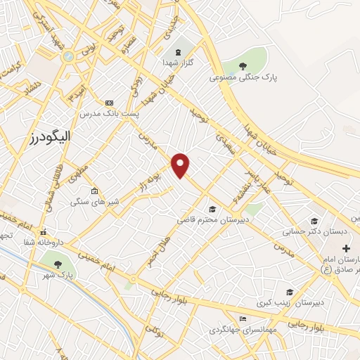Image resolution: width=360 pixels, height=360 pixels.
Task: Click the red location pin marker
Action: [x=181, y=165]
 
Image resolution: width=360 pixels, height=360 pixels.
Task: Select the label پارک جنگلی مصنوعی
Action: [x=243, y=78]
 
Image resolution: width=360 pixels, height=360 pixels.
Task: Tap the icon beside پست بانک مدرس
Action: [x=108, y=103]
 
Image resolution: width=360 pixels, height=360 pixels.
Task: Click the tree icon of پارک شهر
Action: [x=58, y=263]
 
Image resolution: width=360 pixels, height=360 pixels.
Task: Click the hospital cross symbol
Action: [x=346, y=248]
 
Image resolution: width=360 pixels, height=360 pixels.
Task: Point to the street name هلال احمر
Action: [x=156, y=251]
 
